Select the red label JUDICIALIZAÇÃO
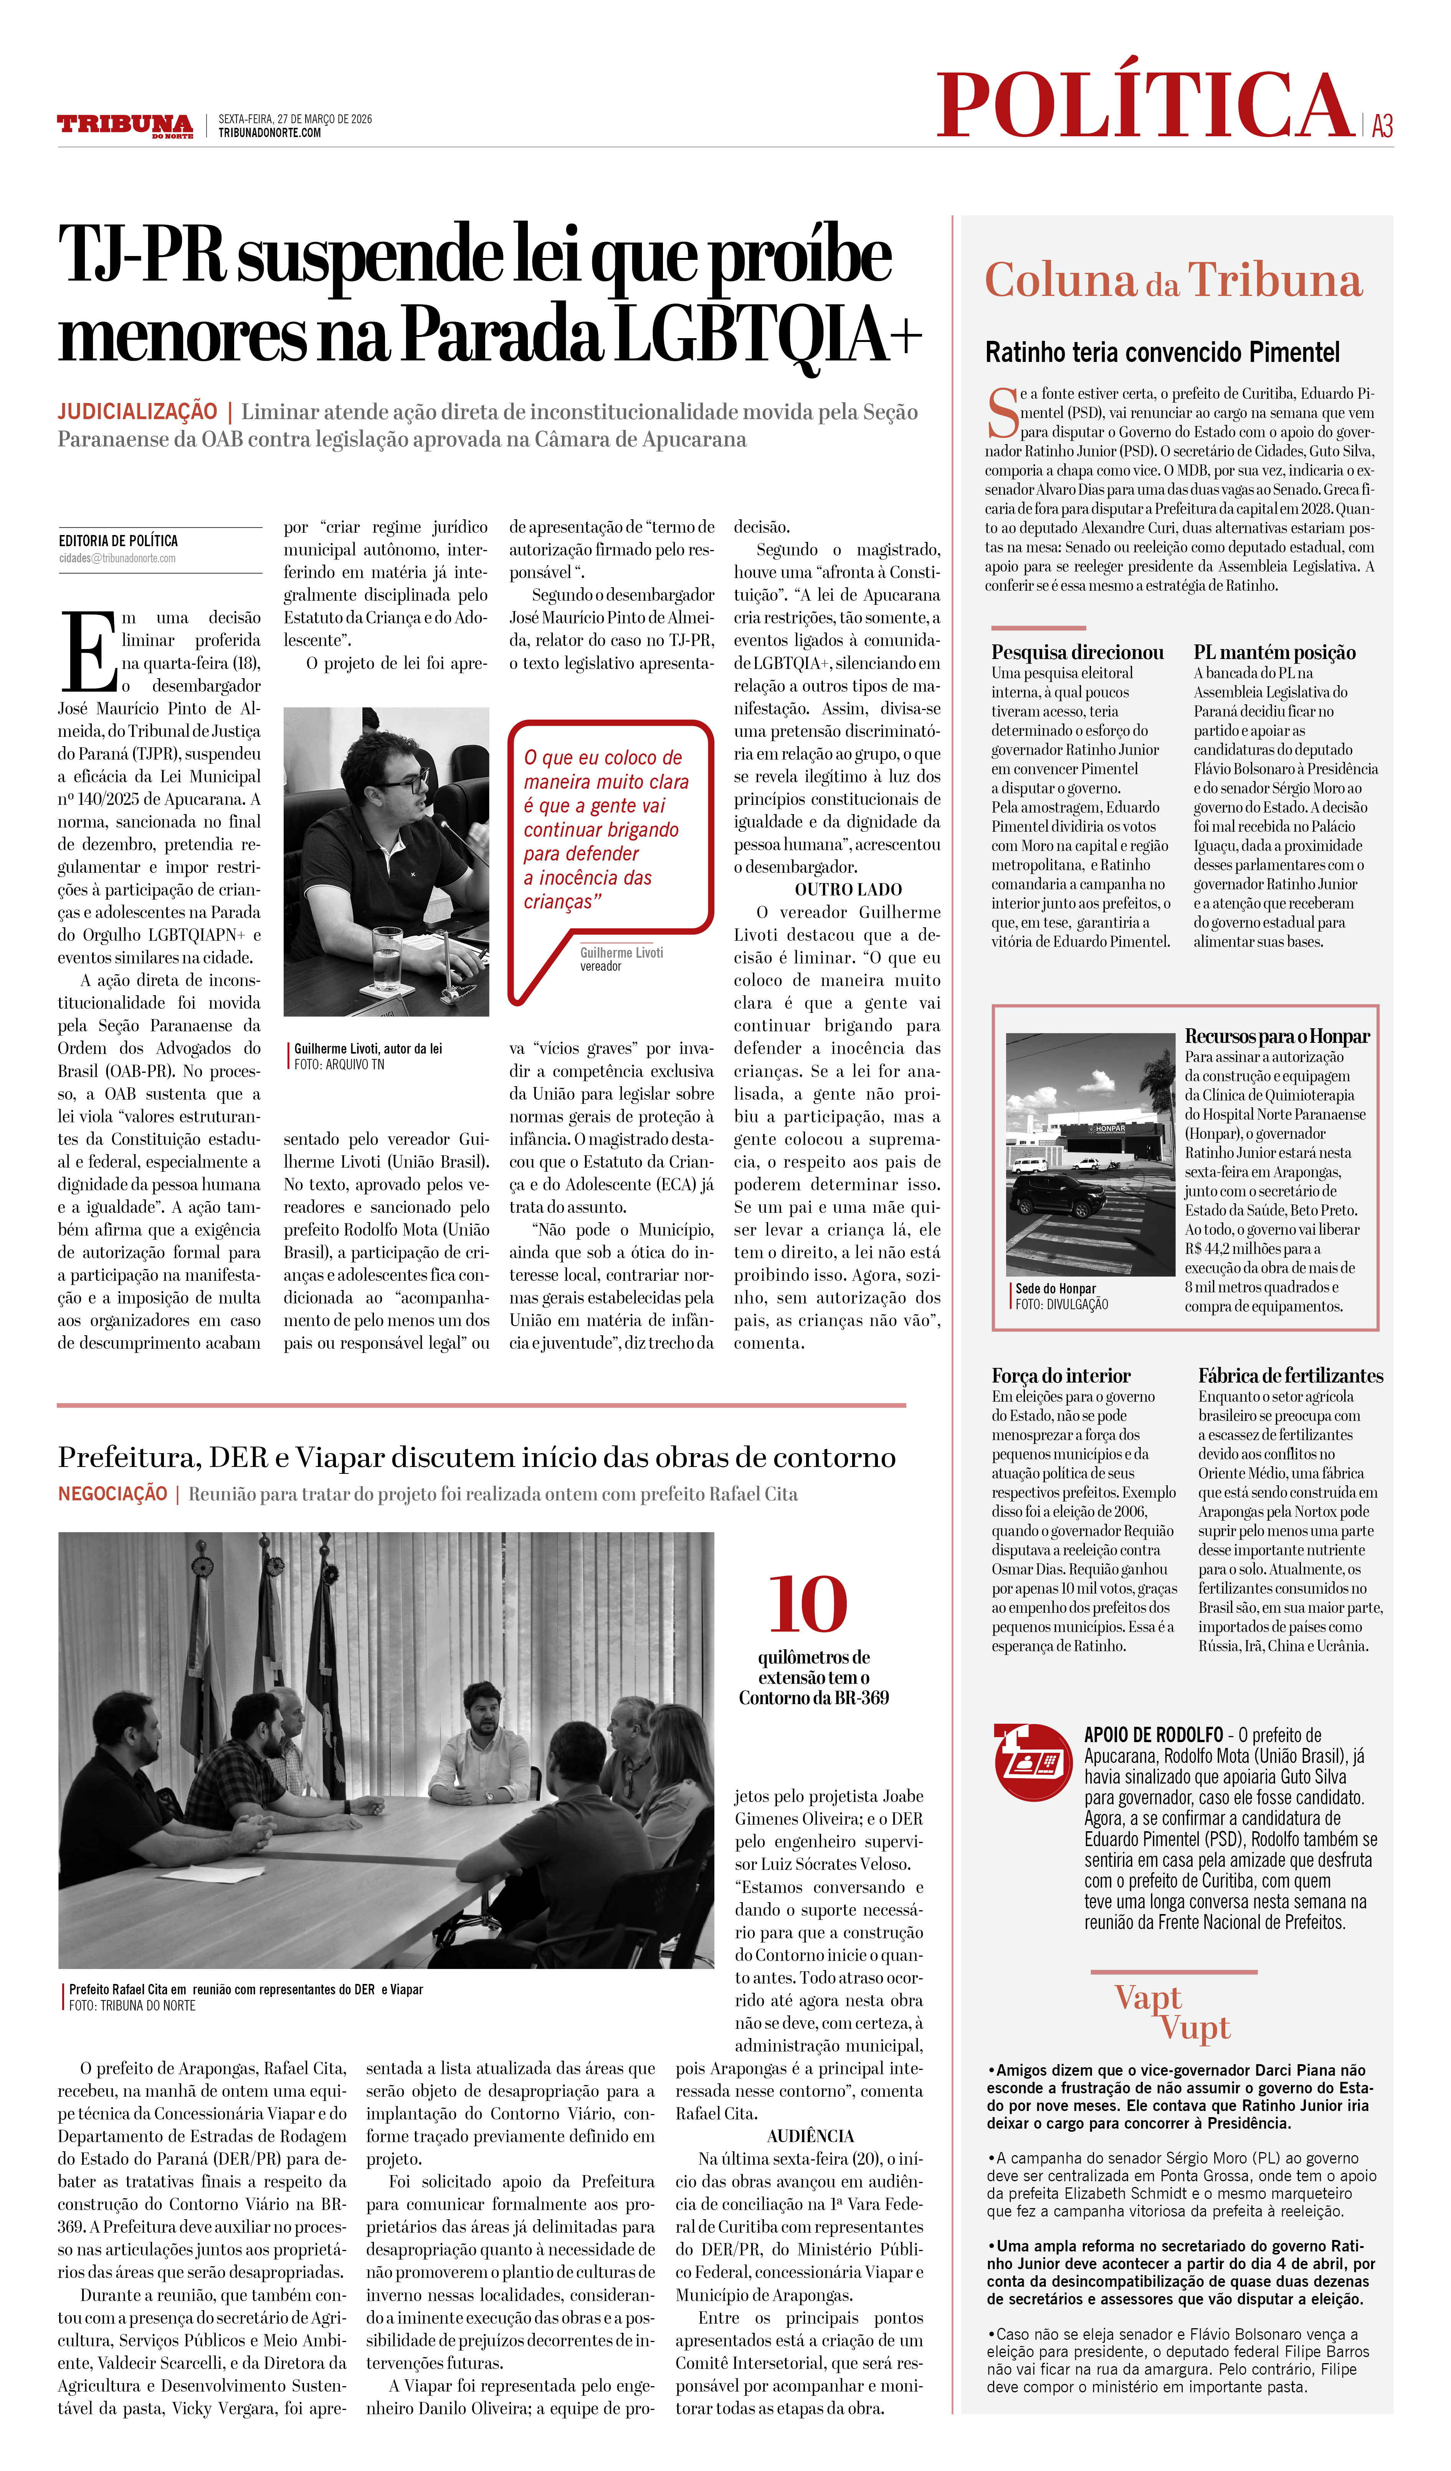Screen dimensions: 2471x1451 pos(137,412)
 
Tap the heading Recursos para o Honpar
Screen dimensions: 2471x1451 pos(1276,1036)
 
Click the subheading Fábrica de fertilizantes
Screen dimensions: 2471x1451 pos(1290,1376)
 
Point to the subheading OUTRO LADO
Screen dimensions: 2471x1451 pos(848,889)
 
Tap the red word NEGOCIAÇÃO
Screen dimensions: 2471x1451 pos(113,1493)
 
